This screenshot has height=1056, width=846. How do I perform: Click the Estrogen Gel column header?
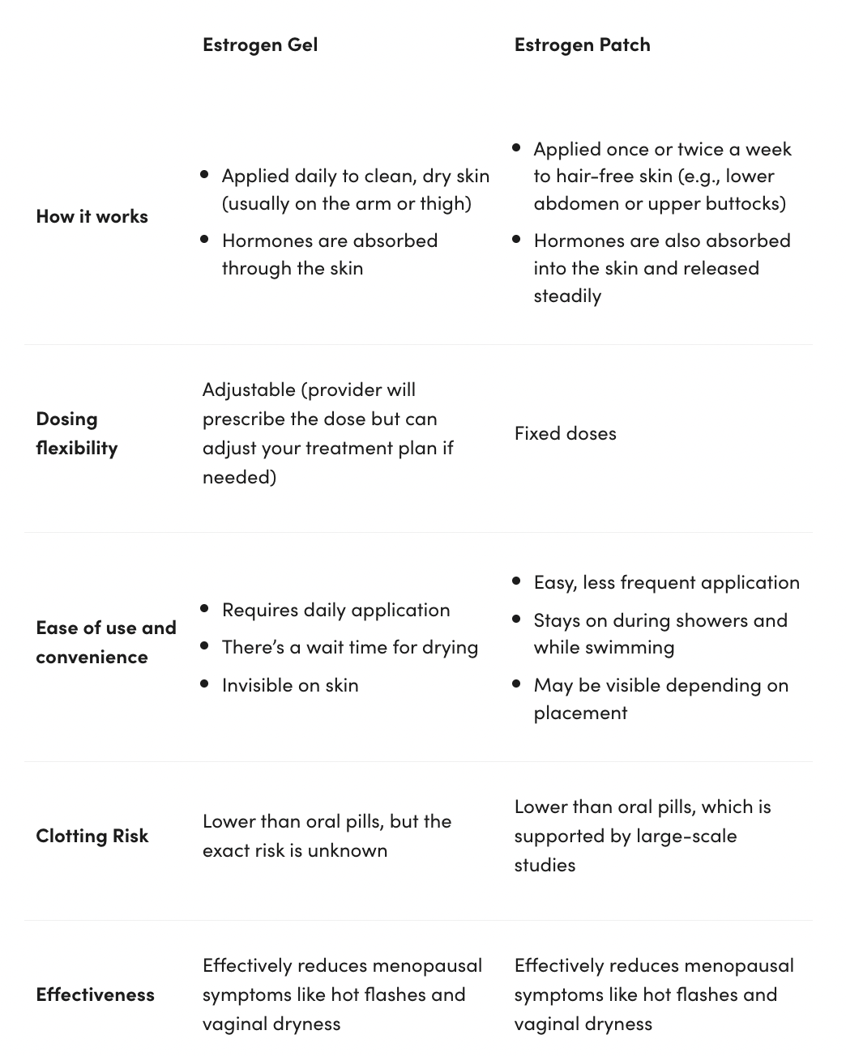(x=259, y=45)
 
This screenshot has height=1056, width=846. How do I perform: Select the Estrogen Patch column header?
(x=582, y=45)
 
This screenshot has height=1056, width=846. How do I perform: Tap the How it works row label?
(x=92, y=216)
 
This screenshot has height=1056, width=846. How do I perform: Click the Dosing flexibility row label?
(x=76, y=433)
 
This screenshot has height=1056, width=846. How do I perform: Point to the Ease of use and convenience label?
(x=105, y=642)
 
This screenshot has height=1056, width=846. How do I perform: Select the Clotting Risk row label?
(x=92, y=836)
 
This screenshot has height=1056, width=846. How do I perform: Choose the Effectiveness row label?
(x=95, y=994)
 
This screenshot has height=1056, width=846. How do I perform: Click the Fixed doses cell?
(x=565, y=433)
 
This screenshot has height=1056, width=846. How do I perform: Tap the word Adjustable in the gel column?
(x=248, y=390)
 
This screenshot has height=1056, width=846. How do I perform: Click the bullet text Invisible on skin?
(x=289, y=685)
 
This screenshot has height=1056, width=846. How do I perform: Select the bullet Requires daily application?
(x=335, y=610)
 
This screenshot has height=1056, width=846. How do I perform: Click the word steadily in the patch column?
(x=567, y=296)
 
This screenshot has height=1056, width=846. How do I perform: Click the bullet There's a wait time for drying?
(x=349, y=647)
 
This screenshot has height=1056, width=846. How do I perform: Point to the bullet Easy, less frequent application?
(x=666, y=582)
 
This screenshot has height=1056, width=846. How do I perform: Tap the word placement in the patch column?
(x=580, y=713)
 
